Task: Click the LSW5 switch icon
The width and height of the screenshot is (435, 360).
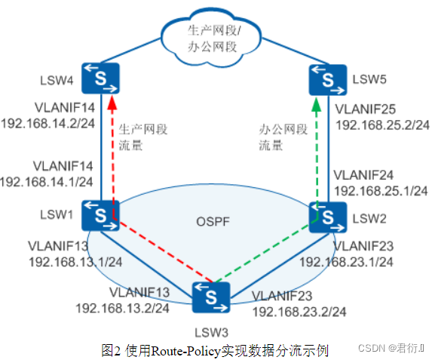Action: (325, 78)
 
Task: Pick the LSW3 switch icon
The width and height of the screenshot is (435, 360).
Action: (212, 297)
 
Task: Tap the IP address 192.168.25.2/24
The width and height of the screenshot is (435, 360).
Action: (382, 124)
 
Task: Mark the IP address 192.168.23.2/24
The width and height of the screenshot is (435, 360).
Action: (299, 311)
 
